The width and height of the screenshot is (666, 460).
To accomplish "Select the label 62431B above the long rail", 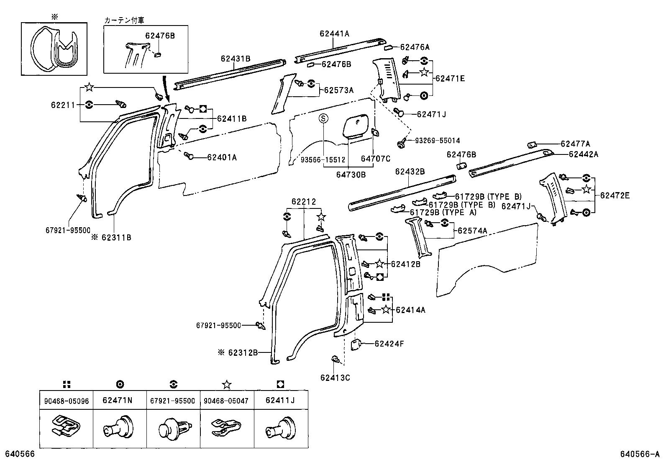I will click(x=236, y=59).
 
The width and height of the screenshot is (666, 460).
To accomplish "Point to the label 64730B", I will click(x=351, y=175).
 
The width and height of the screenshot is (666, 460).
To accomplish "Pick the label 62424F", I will click(x=389, y=344).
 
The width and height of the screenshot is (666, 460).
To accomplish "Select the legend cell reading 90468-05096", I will click(x=66, y=401).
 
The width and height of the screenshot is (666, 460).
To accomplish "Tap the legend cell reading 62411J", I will click(x=280, y=400).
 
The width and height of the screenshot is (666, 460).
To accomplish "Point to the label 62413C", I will click(x=335, y=378).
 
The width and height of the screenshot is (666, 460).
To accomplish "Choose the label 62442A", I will click(x=583, y=154).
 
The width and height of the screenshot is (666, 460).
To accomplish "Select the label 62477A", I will click(x=575, y=144).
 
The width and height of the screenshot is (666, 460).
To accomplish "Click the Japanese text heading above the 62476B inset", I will click(x=124, y=20).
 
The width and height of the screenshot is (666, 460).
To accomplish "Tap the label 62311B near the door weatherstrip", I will click(x=116, y=237).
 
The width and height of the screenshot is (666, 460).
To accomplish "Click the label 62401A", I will click(x=222, y=157).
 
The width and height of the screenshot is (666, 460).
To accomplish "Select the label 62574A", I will click(x=472, y=231).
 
